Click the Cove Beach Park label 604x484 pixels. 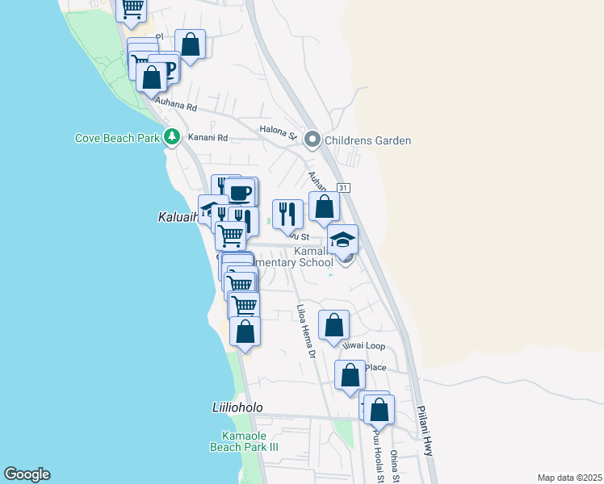(117, 138)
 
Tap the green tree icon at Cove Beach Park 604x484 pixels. (171, 137)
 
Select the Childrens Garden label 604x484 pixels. (369, 140)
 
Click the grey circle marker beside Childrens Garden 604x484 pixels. (313, 140)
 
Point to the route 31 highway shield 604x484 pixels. (343, 187)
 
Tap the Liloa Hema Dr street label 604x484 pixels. (304, 331)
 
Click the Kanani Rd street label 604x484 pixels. (208, 138)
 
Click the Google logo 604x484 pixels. (27, 474)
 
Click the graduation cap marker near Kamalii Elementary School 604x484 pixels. (342, 240)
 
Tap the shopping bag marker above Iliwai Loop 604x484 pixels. (333, 326)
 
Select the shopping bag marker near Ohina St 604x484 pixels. (379, 410)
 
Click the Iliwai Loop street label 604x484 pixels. (363, 346)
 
